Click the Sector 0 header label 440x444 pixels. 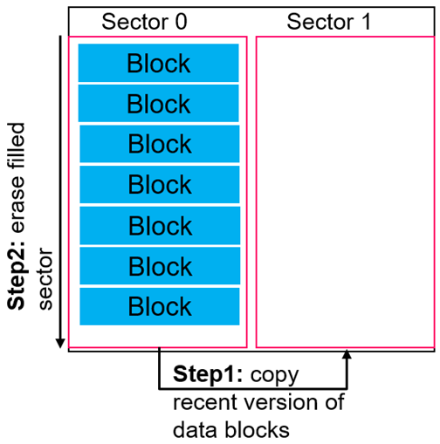point(144,22)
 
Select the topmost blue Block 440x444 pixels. point(159,64)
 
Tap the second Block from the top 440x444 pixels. point(159,104)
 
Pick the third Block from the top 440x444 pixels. point(159,144)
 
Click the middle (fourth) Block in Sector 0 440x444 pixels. point(159,185)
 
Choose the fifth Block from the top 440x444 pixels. point(159,225)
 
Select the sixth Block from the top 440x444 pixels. point(159,266)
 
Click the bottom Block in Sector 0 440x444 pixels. point(159,306)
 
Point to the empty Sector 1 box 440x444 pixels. point(346,192)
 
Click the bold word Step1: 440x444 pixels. point(210,376)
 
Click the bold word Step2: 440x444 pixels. point(20,277)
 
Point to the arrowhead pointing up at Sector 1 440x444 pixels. point(347,355)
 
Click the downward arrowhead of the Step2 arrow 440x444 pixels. point(59,341)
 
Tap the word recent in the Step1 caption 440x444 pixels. point(200,403)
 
